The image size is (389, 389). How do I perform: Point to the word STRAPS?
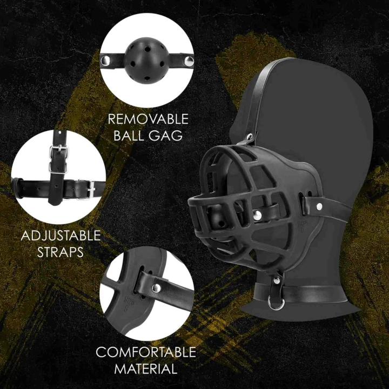(x=61, y=252)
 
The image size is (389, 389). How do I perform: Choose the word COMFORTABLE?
(x=146, y=353)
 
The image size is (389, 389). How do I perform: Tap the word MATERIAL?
(x=146, y=370)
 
